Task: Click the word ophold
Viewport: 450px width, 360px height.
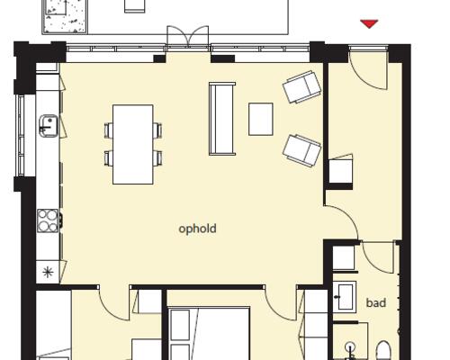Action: (x=197, y=229)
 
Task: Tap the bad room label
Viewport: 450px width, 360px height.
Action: (x=376, y=302)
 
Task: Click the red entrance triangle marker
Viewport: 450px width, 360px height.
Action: (x=369, y=24)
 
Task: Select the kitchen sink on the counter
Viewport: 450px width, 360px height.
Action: (x=49, y=126)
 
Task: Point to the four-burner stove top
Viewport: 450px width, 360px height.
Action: (x=48, y=220)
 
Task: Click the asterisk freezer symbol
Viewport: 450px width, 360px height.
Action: (x=48, y=272)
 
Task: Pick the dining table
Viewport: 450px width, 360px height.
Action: (x=133, y=144)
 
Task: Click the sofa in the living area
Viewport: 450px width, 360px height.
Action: (x=222, y=119)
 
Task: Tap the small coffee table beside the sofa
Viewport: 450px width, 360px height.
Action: (x=261, y=119)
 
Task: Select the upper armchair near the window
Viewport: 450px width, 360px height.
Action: (x=301, y=87)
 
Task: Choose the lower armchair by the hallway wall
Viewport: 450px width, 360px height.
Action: (x=301, y=150)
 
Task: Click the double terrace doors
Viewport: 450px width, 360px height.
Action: (x=188, y=36)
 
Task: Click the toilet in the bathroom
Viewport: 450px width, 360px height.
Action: (x=383, y=350)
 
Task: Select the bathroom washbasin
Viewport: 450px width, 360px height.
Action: (x=345, y=297)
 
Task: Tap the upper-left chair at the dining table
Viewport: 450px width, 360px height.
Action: (x=109, y=130)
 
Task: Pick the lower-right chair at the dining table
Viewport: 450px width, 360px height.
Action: (x=157, y=158)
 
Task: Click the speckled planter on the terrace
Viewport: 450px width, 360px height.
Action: (x=65, y=16)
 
